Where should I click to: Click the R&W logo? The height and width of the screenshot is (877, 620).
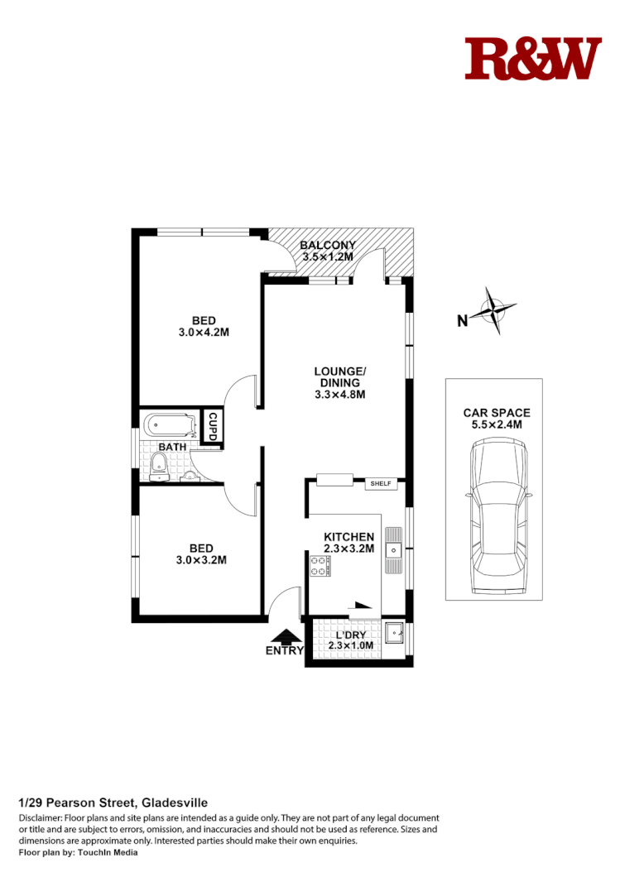point(532,59)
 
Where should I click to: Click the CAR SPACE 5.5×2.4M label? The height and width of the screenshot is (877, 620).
point(497,419)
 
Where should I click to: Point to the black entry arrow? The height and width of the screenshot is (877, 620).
point(286,636)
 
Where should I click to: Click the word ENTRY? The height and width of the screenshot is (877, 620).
point(285,651)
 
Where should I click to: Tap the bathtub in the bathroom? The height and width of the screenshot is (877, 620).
point(169,426)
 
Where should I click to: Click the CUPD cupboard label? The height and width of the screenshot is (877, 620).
point(212,427)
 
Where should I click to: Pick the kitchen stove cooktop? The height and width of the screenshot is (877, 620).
point(320,566)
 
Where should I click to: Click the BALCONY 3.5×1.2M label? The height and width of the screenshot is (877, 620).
point(328,251)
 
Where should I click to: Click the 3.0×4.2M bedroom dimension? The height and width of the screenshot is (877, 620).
point(204,333)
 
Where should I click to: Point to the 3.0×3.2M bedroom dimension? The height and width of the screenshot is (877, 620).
point(202,560)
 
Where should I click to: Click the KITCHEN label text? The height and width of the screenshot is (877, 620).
point(348,537)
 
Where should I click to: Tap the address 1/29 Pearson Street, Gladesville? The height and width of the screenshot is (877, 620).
point(113,803)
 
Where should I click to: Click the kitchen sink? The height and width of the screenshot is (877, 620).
point(395,548)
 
